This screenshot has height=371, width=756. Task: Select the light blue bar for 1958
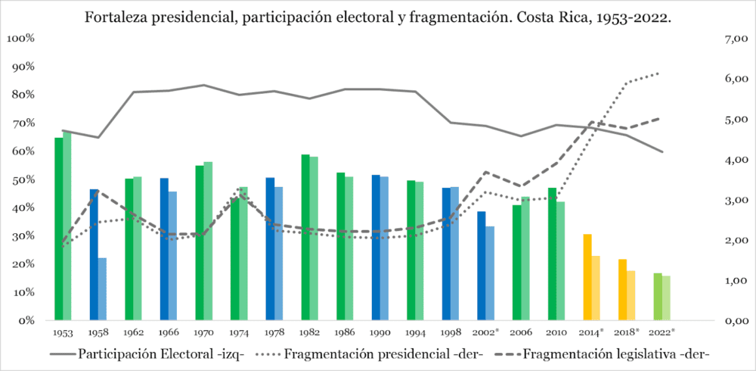(102, 289)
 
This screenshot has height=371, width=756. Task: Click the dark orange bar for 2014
(587, 277)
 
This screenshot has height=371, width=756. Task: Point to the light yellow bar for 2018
(631, 295)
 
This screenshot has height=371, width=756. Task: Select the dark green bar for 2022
(658, 297)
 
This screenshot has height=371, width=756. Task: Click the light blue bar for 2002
(490, 273)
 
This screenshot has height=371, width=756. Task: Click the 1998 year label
(451, 332)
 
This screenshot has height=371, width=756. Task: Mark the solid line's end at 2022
(663, 152)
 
